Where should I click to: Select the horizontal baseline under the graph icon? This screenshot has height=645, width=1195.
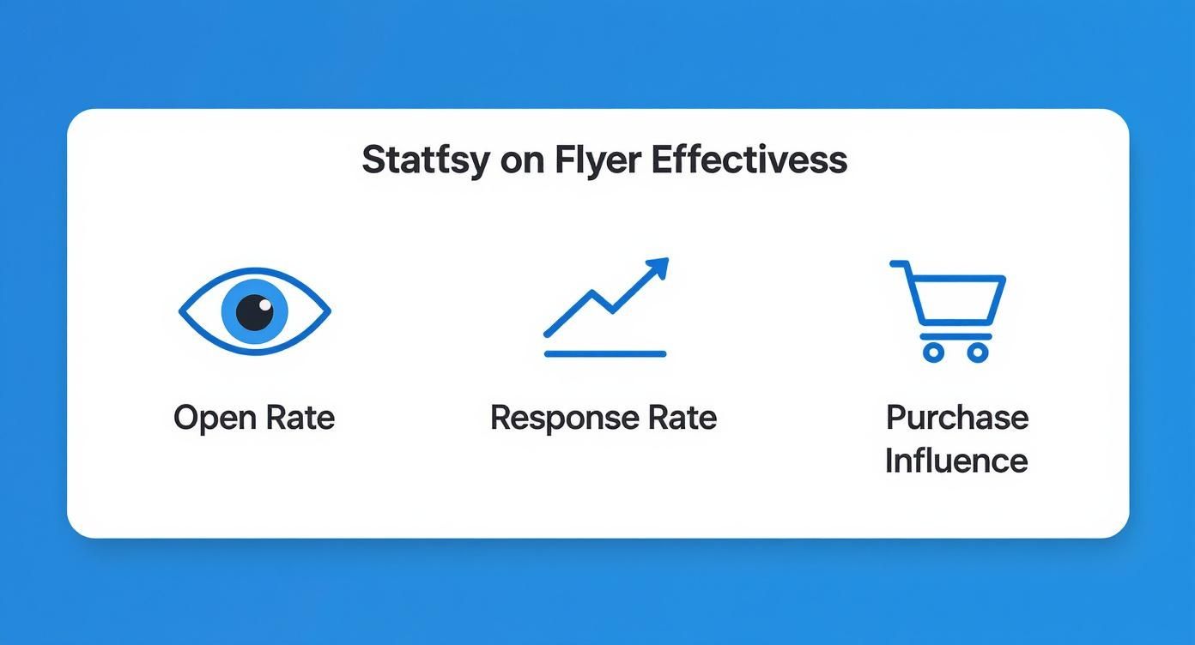(605, 353)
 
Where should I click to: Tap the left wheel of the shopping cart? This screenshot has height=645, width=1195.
(933, 351)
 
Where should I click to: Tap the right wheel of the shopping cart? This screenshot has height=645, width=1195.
(977, 351)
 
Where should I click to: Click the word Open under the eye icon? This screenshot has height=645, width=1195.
(210, 418)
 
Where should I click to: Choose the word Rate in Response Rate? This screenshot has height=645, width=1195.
(682, 418)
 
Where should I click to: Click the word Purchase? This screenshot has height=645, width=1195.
(956, 418)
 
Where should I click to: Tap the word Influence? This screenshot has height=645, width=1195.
(955, 461)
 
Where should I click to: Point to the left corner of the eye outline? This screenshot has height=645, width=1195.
(181, 311)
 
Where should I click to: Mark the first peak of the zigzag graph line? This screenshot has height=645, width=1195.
(591, 293)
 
